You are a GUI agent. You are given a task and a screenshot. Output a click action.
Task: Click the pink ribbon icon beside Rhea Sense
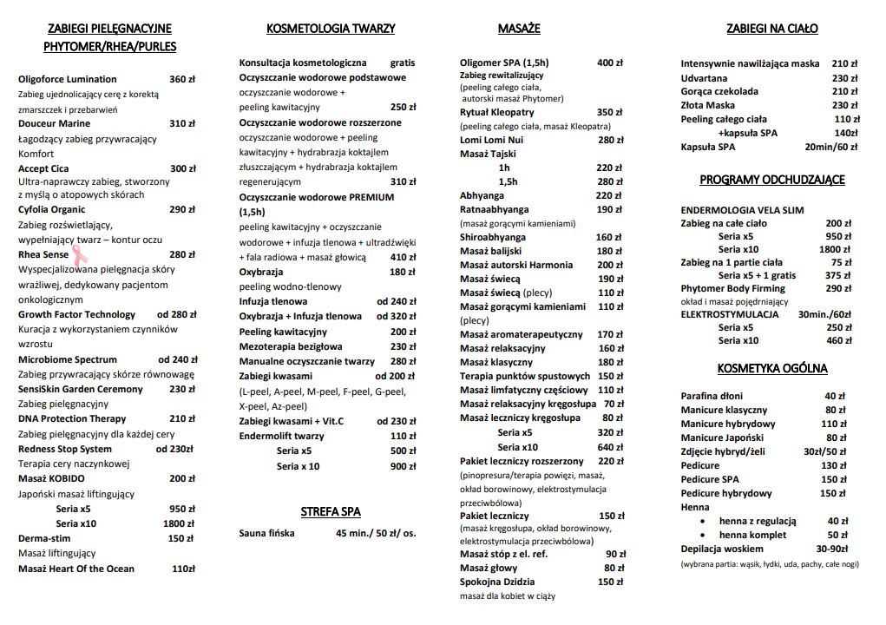(x=78, y=253)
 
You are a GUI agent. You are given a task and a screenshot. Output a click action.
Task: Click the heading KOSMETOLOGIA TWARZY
(x=331, y=29)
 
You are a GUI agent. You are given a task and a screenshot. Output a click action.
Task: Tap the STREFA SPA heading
(x=331, y=511)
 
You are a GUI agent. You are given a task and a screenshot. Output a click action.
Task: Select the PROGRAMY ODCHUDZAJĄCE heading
(x=772, y=180)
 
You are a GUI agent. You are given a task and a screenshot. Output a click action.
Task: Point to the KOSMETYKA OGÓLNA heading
(x=772, y=368)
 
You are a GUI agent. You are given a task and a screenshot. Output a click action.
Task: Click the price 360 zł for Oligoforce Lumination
(x=182, y=79)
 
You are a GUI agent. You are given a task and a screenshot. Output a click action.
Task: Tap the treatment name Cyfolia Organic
(x=52, y=209)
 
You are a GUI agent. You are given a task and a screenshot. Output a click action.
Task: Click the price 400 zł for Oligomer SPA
(x=610, y=62)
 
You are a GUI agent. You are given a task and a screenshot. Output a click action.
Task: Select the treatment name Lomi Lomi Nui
(x=491, y=140)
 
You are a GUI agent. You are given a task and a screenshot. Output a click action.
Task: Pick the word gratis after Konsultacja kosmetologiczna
(x=403, y=62)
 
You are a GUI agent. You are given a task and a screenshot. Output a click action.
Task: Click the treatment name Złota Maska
(x=708, y=105)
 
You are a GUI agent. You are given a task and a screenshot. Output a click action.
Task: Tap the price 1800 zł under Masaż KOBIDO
(x=179, y=523)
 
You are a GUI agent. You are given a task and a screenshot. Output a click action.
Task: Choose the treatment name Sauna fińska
(x=266, y=533)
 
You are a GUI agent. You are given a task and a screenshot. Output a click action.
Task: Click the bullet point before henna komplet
(x=705, y=535)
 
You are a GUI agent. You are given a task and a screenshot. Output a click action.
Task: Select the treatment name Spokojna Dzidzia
(x=497, y=582)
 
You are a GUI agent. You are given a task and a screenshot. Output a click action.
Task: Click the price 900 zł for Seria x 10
(x=403, y=466)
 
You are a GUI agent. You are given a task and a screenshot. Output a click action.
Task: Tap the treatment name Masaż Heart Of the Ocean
(x=76, y=569)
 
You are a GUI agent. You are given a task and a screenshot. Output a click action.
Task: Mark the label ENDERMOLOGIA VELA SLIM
(x=742, y=210)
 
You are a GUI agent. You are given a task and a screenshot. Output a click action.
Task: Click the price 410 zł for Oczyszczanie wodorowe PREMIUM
(x=403, y=257)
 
